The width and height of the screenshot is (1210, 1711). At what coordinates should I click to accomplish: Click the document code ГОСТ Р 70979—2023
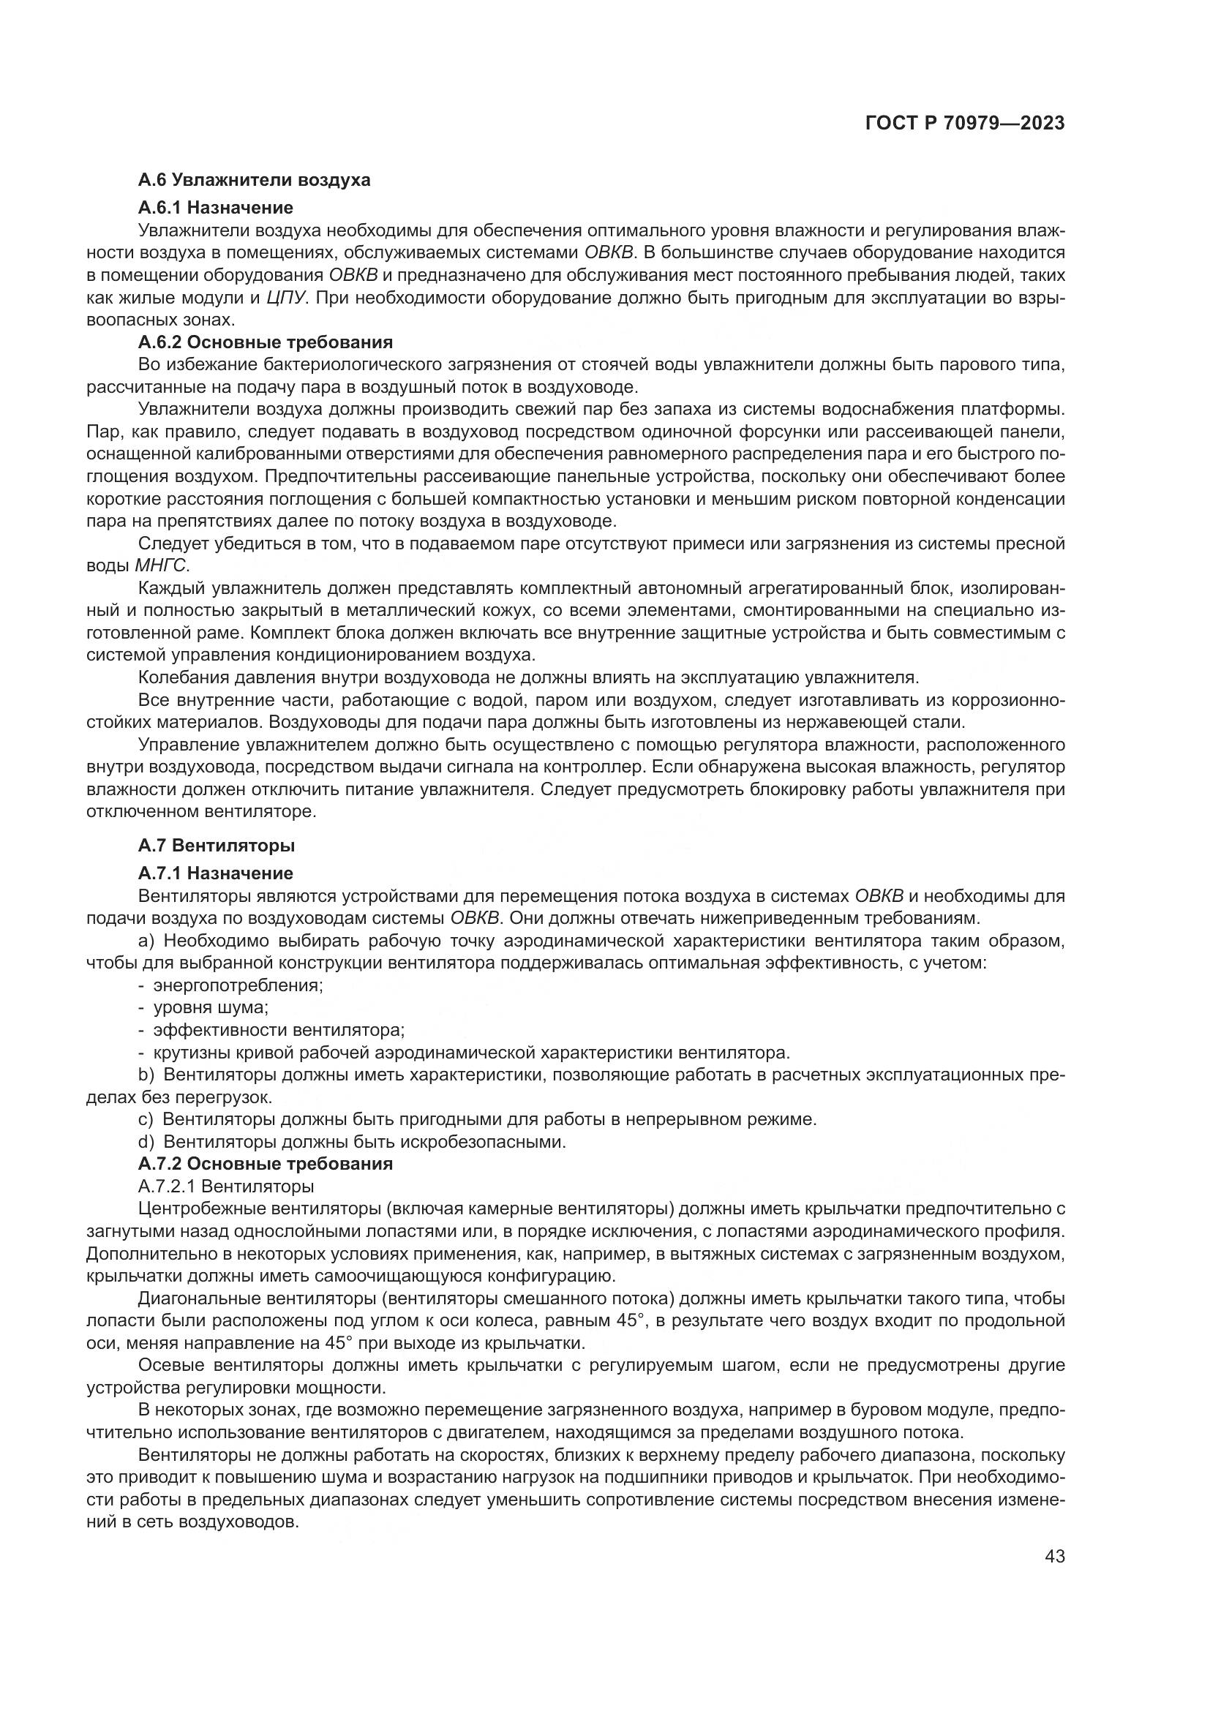[x=965, y=124]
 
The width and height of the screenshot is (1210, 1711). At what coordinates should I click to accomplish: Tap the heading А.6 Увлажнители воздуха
[x=254, y=180]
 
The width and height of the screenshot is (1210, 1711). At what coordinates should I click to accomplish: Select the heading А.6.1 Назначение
[x=215, y=207]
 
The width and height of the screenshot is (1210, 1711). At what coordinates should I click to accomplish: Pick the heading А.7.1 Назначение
[x=215, y=873]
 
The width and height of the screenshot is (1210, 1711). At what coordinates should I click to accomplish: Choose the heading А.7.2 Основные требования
[x=266, y=1163]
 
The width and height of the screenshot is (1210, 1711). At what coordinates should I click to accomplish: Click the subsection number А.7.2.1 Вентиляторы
[x=226, y=1186]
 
